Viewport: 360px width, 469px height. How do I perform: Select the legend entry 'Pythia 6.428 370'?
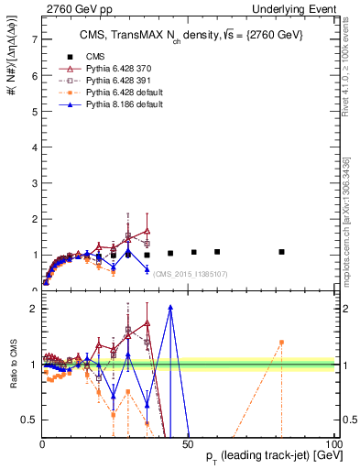(115, 69)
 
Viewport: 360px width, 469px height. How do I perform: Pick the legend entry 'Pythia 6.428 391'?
(115, 82)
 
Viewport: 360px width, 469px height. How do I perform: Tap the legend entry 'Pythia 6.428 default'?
(121, 93)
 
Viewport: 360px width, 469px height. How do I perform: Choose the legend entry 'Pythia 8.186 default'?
(121, 105)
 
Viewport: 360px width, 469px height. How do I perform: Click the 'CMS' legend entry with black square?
(92, 57)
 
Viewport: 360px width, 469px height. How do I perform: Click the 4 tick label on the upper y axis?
(34, 147)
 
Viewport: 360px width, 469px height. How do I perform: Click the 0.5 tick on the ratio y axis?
(30, 420)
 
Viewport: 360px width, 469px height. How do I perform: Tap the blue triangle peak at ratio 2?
(170, 308)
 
